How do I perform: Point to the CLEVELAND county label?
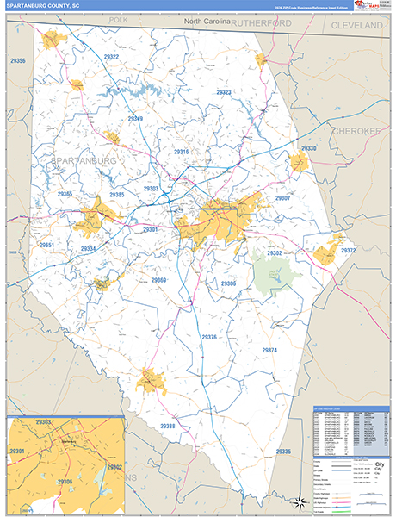point(357,27)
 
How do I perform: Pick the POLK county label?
point(118,19)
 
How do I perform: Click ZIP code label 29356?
point(18,61)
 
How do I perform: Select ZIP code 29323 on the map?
point(225,92)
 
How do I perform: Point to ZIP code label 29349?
point(135,119)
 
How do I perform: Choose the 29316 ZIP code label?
point(181,152)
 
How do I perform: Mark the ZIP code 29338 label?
point(309,149)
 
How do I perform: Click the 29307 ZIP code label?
point(282,198)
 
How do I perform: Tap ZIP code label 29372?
point(348,250)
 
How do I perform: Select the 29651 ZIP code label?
point(46,246)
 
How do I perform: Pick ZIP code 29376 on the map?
point(209,337)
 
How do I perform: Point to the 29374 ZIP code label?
point(270,350)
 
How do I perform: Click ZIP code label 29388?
point(167,426)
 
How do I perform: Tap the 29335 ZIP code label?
point(284,452)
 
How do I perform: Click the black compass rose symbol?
point(299,501)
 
